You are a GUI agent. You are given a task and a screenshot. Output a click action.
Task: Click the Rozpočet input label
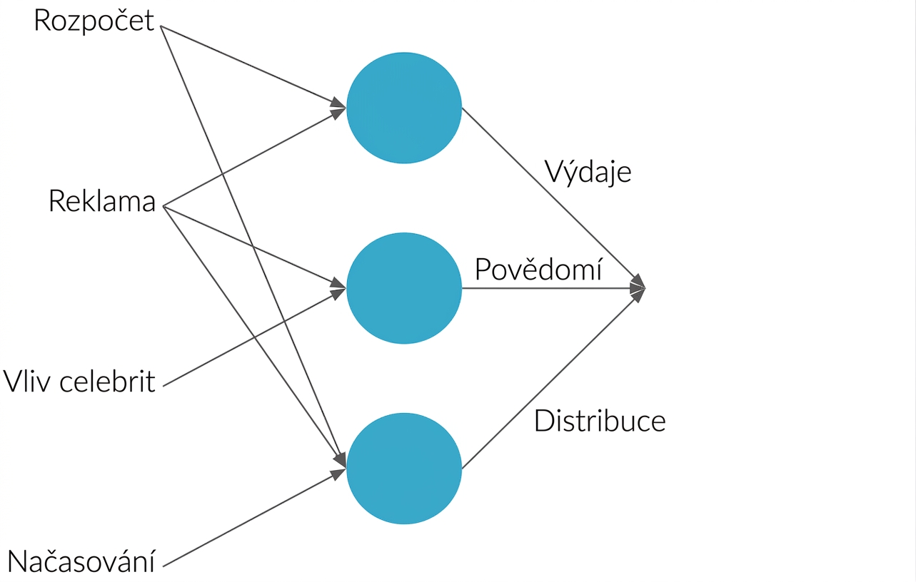click(x=94, y=21)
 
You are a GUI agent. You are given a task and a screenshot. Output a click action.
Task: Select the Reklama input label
click(x=102, y=201)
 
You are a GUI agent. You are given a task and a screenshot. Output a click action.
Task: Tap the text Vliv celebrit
click(x=79, y=382)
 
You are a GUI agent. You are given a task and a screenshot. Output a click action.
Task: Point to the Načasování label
click(x=81, y=561)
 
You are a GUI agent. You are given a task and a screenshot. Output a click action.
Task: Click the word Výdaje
click(x=588, y=172)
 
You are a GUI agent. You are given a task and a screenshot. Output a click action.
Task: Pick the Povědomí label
click(x=538, y=269)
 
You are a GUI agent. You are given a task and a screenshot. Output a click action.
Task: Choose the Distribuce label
click(x=600, y=421)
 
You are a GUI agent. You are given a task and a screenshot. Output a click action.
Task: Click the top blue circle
click(x=404, y=108)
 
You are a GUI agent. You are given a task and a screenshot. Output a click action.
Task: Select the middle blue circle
click(x=404, y=288)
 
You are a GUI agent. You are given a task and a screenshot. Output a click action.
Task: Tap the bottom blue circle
click(x=404, y=469)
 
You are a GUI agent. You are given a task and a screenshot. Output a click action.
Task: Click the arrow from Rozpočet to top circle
click(x=253, y=66)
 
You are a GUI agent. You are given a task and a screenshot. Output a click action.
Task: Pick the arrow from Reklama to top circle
click(x=255, y=157)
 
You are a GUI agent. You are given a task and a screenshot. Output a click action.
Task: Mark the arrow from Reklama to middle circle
click(x=255, y=247)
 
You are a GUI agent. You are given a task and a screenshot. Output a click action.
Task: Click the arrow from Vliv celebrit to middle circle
click(x=255, y=337)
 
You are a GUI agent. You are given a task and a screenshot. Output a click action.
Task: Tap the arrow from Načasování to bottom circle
click(x=255, y=518)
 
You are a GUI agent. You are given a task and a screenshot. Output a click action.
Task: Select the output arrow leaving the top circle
click(x=554, y=198)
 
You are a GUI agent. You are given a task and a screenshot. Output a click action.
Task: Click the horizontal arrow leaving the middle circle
click(x=554, y=288)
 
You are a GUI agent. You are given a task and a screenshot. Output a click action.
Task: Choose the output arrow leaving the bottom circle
click(x=554, y=378)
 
